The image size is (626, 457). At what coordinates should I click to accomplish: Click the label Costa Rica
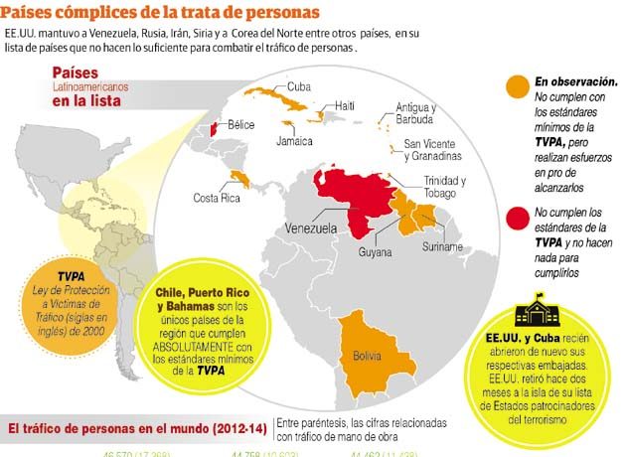pyautogui.click(x=217, y=199)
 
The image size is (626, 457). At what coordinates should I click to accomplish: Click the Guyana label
pyautogui.click(x=377, y=252)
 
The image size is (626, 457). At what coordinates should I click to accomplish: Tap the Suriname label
pyautogui.click(x=442, y=245)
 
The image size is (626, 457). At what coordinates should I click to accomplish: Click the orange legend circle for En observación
pyautogui.click(x=517, y=86)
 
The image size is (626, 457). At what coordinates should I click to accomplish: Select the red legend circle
pyautogui.click(x=517, y=218)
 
